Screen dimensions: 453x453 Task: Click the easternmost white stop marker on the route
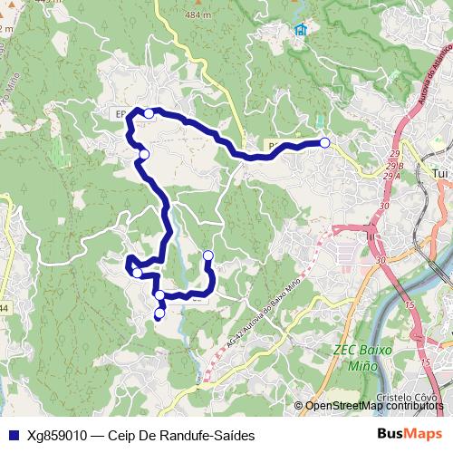324,142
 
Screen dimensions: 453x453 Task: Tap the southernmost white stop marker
160,314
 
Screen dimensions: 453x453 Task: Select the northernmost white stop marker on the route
149,113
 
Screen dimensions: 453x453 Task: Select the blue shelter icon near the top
300,30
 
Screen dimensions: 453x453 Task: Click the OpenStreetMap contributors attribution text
374,406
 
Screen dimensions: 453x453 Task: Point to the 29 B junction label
393,167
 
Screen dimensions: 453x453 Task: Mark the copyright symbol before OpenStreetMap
299,406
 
